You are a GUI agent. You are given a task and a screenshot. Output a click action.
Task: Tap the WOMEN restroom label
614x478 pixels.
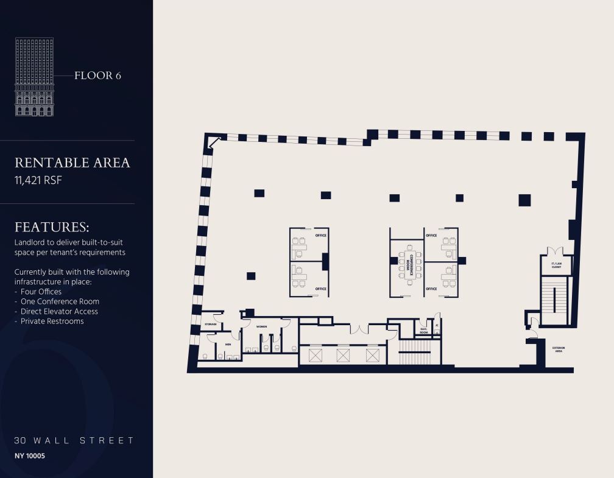(x=261, y=327)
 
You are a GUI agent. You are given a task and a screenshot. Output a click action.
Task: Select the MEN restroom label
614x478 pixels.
(x=228, y=344)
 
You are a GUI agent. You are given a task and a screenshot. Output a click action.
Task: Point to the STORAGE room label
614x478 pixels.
(x=211, y=325)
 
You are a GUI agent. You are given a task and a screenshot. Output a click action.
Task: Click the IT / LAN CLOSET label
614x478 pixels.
(x=556, y=265)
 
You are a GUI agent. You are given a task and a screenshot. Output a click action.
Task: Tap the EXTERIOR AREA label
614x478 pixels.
(x=558, y=350)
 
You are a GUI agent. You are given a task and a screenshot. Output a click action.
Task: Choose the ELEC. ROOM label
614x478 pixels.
(x=424, y=331)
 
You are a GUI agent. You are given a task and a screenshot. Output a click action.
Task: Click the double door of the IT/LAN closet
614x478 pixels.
(x=556, y=251)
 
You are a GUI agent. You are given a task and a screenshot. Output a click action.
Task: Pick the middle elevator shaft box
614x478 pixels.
(x=343, y=355)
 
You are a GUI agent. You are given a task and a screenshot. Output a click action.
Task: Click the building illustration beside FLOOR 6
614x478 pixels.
(x=35, y=77)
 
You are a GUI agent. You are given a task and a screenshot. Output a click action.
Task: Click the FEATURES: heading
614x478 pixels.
(x=52, y=227)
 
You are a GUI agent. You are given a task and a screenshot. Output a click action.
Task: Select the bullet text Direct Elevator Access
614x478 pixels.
(x=59, y=311)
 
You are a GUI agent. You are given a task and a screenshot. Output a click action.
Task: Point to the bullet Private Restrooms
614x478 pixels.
(x=52, y=321)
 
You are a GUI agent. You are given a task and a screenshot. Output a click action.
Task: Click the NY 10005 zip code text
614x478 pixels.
(x=30, y=455)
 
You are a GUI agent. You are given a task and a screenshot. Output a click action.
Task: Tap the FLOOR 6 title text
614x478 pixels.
(x=97, y=76)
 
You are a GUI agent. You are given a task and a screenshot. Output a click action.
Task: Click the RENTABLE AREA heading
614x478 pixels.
(x=72, y=163)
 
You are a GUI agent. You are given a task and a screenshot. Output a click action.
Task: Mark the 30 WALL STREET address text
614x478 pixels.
(x=74, y=440)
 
